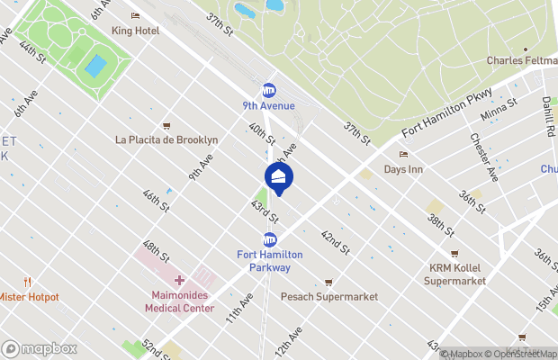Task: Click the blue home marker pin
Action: click(279, 176)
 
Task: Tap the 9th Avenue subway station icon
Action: click(268, 90)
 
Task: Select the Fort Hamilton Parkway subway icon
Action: click(269, 239)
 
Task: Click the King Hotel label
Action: click(135, 30)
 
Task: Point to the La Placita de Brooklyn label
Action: click(166, 139)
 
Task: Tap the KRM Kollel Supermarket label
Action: click(454, 274)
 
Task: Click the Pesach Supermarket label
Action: click(328, 296)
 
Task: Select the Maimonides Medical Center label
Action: click(179, 301)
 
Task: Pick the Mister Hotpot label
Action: click(29, 297)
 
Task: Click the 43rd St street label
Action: click(265, 213)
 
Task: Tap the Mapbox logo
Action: click(40, 348)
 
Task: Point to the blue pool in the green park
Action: click(94, 66)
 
